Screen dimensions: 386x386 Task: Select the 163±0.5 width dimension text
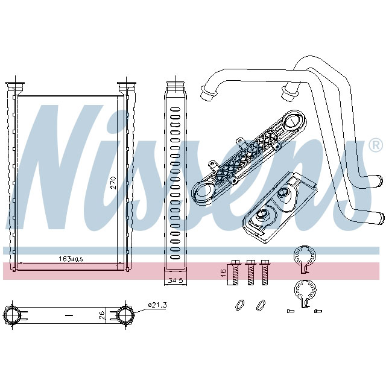[71, 259]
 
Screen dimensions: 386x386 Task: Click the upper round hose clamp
[305, 256]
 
